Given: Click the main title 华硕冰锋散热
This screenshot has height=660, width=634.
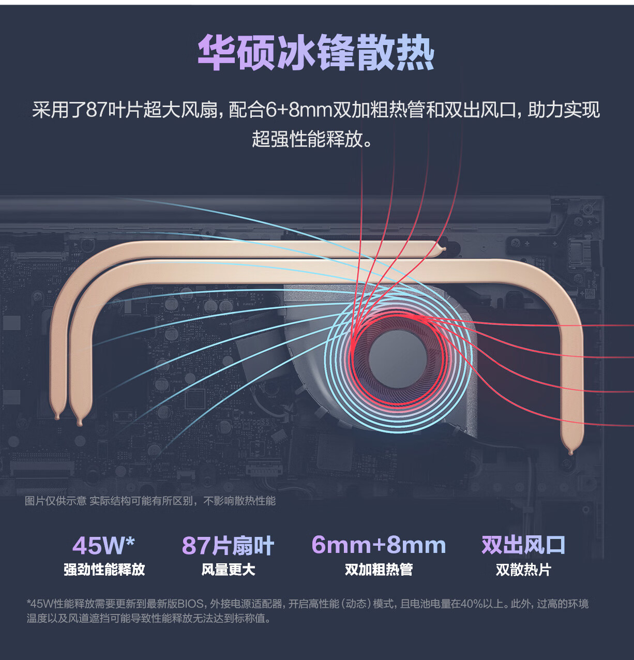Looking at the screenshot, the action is point(315,53).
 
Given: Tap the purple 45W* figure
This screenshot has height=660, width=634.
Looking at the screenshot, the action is point(103,545).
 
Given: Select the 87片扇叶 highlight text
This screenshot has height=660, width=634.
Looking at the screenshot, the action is point(228,545).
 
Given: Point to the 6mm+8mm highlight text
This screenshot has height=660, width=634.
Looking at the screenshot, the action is point(379,545).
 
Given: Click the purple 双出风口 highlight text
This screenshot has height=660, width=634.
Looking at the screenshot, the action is point(523,545).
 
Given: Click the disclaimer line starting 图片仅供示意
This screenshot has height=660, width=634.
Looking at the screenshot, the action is point(150,501).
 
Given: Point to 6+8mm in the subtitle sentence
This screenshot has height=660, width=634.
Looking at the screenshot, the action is point(298,110).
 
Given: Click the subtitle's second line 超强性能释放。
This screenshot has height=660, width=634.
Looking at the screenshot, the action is point(312,139).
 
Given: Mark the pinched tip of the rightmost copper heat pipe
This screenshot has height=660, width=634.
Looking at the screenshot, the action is point(570,452).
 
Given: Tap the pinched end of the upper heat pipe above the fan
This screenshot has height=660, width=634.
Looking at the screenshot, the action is point(443,249).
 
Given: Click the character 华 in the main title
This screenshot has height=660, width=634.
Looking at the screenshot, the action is point(216,53).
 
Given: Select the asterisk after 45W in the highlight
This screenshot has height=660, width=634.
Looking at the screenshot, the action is point(130,541).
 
